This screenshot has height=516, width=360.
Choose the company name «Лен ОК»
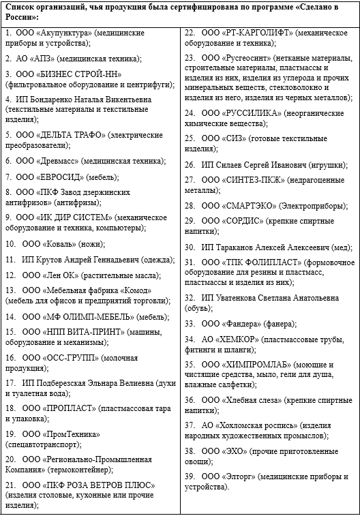click(x=57, y=275)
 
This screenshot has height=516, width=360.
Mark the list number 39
click(x=190, y=475)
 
